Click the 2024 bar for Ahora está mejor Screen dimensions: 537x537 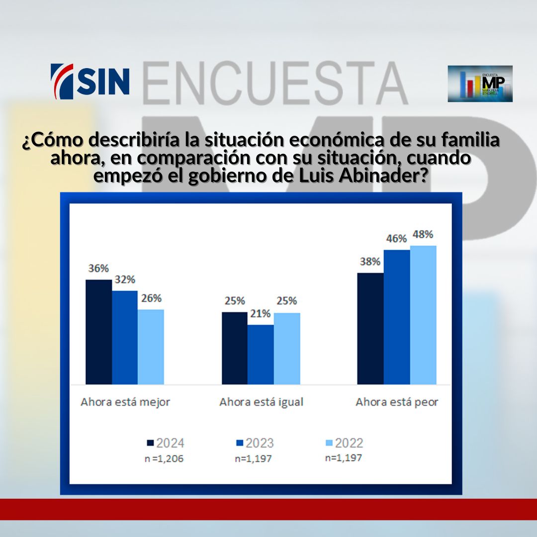[98, 332]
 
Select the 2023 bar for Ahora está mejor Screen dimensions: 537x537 [125, 337]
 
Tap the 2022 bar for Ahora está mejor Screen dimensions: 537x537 [151, 347]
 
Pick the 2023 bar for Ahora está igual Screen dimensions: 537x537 [261, 354]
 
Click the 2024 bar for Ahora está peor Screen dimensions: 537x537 [370, 328]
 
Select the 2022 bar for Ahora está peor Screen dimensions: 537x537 [423, 315]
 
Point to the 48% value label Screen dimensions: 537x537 [423, 234]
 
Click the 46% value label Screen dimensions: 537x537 [396, 239]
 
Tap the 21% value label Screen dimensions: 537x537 [261, 314]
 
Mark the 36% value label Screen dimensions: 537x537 [98, 268]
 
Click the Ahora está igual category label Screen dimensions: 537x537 [261, 402]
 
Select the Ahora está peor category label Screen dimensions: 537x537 [397, 402]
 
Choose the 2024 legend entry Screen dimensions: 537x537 [166, 443]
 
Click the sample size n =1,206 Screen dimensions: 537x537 [165, 459]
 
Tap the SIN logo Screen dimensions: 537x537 [90, 81]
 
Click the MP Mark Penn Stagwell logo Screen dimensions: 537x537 [480, 84]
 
